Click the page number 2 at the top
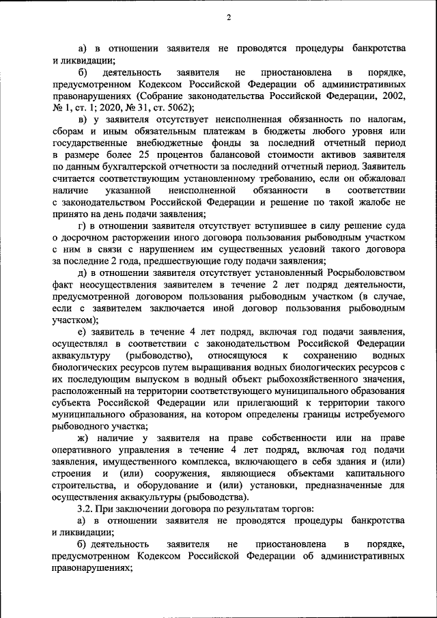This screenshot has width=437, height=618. coord(229,18)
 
